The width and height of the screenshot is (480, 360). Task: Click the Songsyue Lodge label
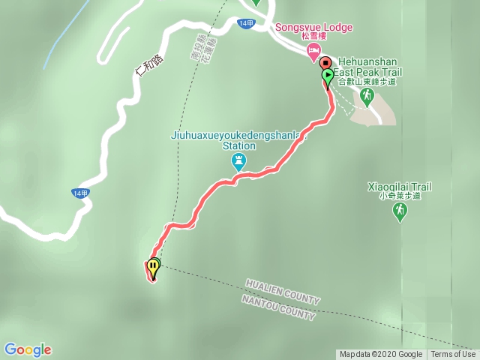[x=313, y=28]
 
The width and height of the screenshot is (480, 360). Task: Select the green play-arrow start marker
[x=328, y=75]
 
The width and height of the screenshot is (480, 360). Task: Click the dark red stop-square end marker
[x=325, y=62]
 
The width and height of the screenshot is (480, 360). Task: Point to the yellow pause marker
[x=153, y=265]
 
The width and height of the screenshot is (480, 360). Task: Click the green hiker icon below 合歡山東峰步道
[x=367, y=95]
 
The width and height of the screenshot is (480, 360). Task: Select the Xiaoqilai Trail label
[x=400, y=186]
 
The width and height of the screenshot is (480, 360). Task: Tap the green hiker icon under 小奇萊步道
[x=400, y=212]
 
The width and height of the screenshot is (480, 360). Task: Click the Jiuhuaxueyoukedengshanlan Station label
[x=238, y=141]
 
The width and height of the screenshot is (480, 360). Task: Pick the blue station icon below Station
[x=238, y=160]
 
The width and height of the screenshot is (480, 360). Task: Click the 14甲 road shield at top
[x=245, y=24]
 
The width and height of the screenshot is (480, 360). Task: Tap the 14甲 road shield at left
[x=79, y=193]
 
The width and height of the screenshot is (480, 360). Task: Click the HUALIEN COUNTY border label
[x=282, y=292]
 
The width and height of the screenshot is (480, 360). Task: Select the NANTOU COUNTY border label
[x=278, y=307]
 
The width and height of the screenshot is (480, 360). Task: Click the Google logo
[x=28, y=349]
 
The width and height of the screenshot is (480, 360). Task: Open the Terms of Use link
[x=453, y=355]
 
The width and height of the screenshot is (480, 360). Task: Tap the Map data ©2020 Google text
[x=381, y=355]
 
